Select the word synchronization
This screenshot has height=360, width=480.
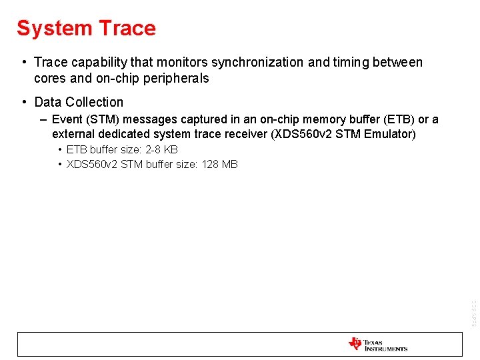click(x=257, y=63)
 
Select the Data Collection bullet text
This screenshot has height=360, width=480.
click(x=79, y=103)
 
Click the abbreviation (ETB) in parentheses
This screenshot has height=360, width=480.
click(x=399, y=120)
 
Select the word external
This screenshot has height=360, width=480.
click(x=73, y=135)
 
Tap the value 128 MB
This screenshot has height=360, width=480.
click(x=219, y=165)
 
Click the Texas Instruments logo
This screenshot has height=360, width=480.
click(x=377, y=344)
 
